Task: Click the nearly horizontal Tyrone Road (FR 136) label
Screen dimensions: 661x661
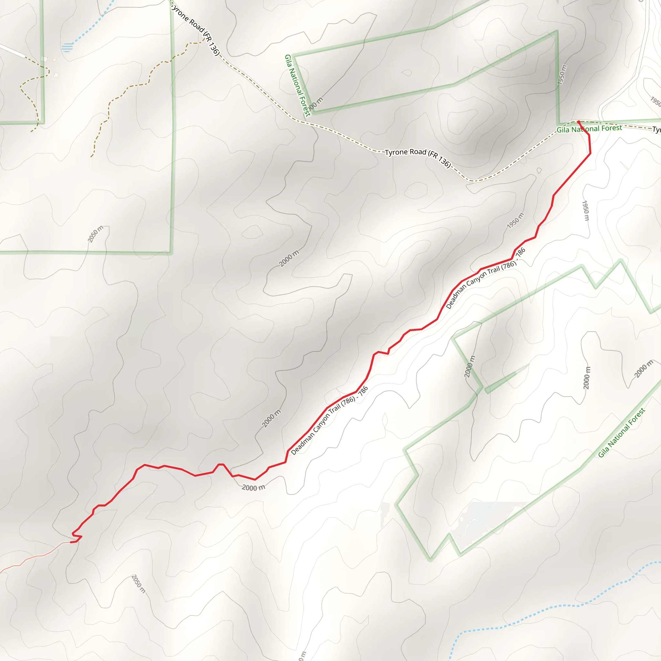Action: point(418,156)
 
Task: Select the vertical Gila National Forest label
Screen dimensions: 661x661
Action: point(297,86)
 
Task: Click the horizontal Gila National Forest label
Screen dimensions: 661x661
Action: point(589,129)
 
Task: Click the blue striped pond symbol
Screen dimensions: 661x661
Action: point(67,47)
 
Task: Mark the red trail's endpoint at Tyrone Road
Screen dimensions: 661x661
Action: point(578,122)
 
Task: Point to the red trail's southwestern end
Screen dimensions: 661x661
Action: point(71,542)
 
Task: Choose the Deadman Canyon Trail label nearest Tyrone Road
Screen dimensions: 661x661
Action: point(485,279)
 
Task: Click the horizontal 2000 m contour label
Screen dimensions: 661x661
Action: point(253,488)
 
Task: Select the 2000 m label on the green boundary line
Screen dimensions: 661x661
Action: point(470,366)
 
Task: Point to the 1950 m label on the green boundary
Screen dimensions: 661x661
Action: point(562,75)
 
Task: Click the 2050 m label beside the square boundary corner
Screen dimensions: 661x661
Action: point(96,234)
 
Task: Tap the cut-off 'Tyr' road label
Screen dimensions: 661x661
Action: point(656,130)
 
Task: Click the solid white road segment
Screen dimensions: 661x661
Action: point(12,51)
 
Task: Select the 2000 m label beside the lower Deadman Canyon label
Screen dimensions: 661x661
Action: point(271,418)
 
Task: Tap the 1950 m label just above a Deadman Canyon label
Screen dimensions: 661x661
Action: point(515,221)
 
